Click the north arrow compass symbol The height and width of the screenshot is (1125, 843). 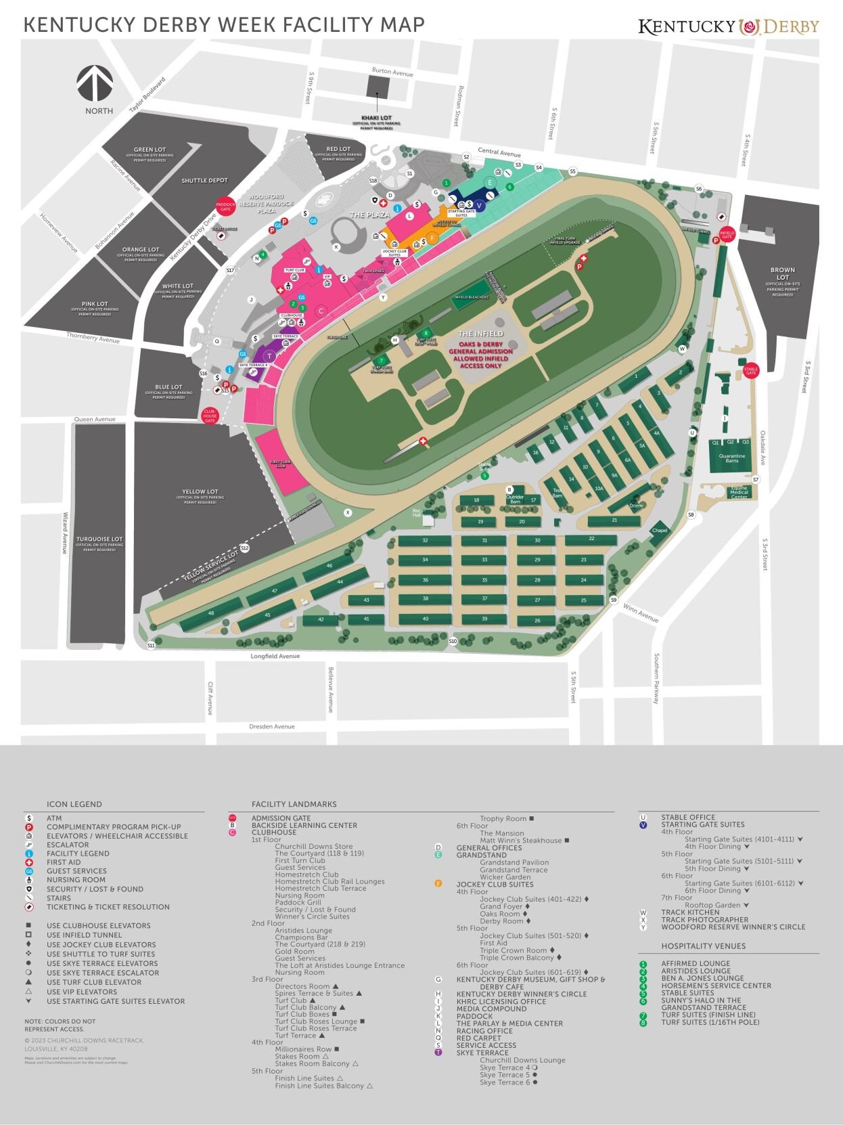(x=94, y=82)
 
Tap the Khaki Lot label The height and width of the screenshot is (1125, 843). (x=376, y=118)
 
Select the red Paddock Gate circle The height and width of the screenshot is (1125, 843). (x=225, y=206)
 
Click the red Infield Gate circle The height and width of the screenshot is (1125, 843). (x=727, y=234)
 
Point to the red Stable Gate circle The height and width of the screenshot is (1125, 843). (x=751, y=370)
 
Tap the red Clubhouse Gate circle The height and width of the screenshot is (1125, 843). (x=210, y=416)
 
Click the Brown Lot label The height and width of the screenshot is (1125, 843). (x=782, y=273)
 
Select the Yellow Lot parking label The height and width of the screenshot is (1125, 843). (x=200, y=492)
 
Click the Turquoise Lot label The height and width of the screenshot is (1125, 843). (x=99, y=539)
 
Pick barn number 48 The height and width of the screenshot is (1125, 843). (x=211, y=613)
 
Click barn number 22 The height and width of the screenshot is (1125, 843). (x=591, y=539)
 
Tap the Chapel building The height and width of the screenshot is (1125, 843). (x=660, y=531)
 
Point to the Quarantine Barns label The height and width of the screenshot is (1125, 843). (x=732, y=458)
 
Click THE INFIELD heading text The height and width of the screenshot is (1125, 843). (x=480, y=334)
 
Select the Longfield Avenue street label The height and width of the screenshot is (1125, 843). (x=275, y=656)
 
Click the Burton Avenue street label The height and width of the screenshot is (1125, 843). (x=392, y=72)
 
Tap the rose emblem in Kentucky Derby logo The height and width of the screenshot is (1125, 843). (x=748, y=26)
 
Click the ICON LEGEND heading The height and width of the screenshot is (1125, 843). (x=74, y=804)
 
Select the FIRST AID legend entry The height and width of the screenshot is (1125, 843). (x=64, y=862)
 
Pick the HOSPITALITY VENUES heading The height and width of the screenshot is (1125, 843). (x=703, y=946)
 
